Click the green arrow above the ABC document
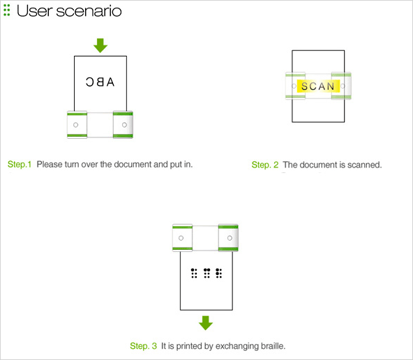[100, 45]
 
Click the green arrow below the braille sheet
[206, 323]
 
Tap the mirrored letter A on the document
[111, 82]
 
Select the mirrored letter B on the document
[100, 82]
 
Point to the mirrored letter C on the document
[89, 82]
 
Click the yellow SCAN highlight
[318, 86]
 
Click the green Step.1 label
[20, 165]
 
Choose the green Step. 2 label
[265, 165]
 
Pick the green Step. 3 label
[143, 346]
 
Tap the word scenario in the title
[89, 11]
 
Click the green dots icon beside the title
[7, 10]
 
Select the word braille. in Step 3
[273, 346]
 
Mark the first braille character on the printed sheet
[194, 273]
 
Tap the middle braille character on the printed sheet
[206, 273]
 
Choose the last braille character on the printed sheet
[219, 273]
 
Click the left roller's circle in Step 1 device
[75, 125]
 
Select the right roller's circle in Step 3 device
[230, 238]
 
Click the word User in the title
[34, 11]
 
